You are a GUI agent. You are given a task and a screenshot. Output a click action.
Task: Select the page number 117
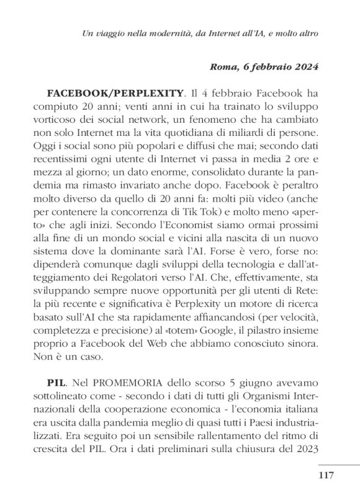(326, 476)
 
